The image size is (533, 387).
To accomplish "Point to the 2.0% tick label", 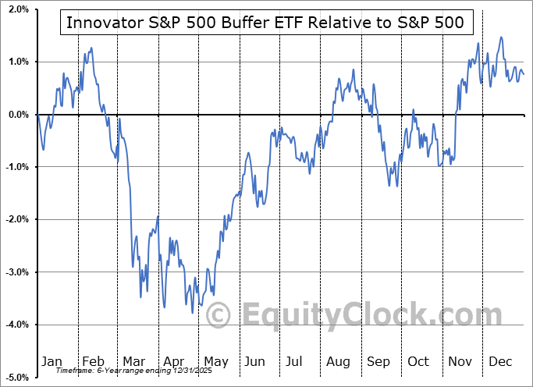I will point(18,9).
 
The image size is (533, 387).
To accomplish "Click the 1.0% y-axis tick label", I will point(18,62).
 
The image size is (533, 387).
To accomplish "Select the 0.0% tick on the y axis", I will point(18,115).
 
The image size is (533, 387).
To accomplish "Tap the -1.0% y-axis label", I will point(16,167).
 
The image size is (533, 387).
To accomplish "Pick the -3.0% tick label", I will point(16,272).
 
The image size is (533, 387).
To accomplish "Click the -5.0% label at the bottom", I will point(16,378).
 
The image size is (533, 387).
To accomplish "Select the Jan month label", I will point(51,362).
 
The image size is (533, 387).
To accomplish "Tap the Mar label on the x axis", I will point(133,362).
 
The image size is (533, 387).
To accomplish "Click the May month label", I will point(215,362).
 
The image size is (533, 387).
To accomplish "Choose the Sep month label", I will point(378,362).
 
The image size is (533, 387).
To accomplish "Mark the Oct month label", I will point(418,362).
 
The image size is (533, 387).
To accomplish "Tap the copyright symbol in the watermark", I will point(218,315).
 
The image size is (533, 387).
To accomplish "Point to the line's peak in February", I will point(92,48).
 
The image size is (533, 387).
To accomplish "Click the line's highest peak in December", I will point(501,37).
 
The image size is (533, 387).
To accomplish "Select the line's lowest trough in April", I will point(193,313).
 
